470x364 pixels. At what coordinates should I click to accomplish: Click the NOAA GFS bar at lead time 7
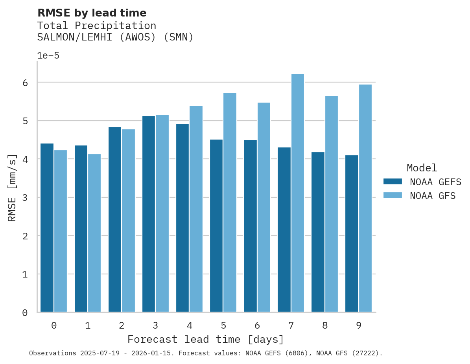point(298,193)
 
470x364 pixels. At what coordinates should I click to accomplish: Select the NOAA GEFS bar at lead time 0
point(47,228)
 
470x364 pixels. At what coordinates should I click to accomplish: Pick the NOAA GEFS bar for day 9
point(352,234)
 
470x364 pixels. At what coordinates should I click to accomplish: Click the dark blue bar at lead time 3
point(149,214)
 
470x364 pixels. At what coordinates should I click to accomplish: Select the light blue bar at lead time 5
point(230,202)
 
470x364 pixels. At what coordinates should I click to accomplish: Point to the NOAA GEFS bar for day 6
point(250,226)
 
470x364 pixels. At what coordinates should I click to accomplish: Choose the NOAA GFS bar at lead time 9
point(365,199)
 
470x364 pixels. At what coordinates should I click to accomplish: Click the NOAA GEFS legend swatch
point(393,182)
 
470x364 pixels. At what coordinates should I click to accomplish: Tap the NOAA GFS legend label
point(433,196)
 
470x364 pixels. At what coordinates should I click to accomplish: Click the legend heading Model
point(422,168)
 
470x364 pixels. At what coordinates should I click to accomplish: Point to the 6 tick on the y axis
point(25,83)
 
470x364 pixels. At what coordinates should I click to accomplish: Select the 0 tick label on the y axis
point(25,313)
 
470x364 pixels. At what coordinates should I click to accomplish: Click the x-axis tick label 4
point(190,326)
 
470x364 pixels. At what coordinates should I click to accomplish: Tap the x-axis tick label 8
point(325,326)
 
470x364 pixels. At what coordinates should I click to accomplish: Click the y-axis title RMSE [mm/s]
point(12,188)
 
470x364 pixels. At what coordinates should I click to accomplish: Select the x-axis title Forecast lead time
point(206,340)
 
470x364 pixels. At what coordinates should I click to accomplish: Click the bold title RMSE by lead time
point(92,13)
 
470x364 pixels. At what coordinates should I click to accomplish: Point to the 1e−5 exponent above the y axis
point(48,56)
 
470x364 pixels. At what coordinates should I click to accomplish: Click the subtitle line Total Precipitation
point(97,26)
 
